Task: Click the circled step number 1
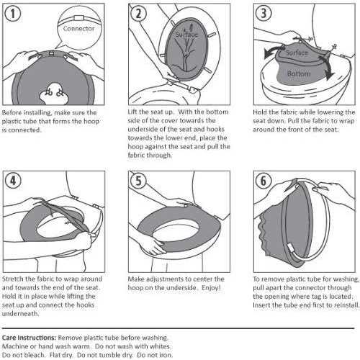click(x=13, y=14)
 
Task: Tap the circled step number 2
click(x=138, y=14)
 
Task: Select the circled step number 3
click(x=264, y=13)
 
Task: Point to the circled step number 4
click(x=13, y=181)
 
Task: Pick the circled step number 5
click(x=138, y=181)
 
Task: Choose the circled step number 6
click(x=264, y=181)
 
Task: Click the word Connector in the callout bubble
click(x=78, y=29)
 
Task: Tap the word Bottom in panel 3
click(x=299, y=73)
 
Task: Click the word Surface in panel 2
click(x=186, y=35)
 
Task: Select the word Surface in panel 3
click(x=297, y=53)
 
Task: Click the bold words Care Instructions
click(x=29, y=338)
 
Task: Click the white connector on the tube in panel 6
click(x=290, y=248)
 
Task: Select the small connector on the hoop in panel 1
click(x=51, y=53)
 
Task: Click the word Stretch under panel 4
click(x=13, y=279)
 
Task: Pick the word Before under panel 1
click(x=12, y=112)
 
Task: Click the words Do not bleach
click(x=23, y=355)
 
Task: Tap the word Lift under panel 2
click(x=132, y=112)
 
